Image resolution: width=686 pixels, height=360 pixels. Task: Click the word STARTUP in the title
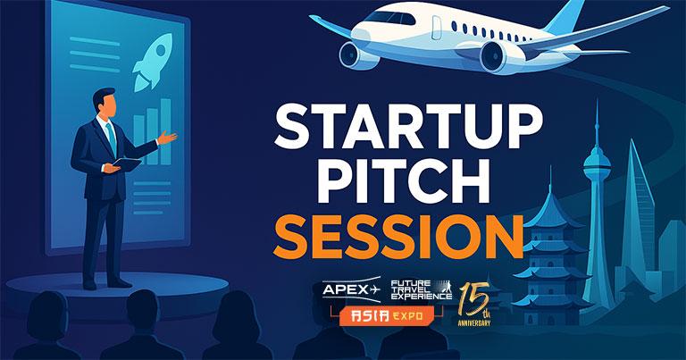pyautogui.click(x=407, y=128)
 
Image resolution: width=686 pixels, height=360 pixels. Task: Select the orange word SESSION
pyautogui.click(x=398, y=237)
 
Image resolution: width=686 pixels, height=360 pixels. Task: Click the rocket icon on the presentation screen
pyautogui.click(x=153, y=63)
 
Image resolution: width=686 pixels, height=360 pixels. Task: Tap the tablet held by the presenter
pyautogui.click(x=128, y=163)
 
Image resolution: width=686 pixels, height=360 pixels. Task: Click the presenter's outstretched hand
pyautogui.click(x=167, y=138)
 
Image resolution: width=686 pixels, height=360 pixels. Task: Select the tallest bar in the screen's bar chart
pyautogui.click(x=166, y=131)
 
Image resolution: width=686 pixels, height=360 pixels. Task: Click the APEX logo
pyautogui.click(x=351, y=289)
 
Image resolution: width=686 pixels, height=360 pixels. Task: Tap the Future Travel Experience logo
pyautogui.click(x=421, y=289)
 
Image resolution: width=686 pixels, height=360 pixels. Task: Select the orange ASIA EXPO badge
pyautogui.click(x=387, y=315)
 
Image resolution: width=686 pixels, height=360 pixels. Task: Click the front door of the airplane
pyautogui.click(x=437, y=28)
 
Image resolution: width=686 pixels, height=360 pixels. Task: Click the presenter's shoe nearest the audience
pyautogui.click(x=90, y=285)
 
